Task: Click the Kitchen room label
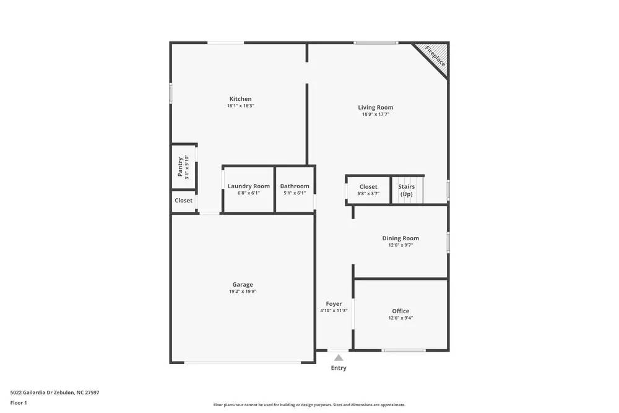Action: (x=240, y=99)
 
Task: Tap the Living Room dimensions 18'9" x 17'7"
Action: (x=375, y=115)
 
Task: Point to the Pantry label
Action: (x=180, y=167)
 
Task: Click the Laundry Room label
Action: (x=248, y=186)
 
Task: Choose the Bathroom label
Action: (x=295, y=186)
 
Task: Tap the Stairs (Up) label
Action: (x=406, y=190)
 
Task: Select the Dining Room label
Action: (x=400, y=238)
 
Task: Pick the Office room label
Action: (x=400, y=311)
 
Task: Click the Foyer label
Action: (x=334, y=304)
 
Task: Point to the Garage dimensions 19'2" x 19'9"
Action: (x=243, y=292)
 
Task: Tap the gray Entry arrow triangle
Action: (x=338, y=357)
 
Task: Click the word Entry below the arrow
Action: (x=339, y=368)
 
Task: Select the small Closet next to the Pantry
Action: (x=183, y=201)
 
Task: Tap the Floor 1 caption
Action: (x=19, y=403)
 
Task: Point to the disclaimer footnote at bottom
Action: (x=309, y=405)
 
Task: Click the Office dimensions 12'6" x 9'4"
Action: (x=400, y=318)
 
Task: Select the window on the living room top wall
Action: (x=376, y=43)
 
